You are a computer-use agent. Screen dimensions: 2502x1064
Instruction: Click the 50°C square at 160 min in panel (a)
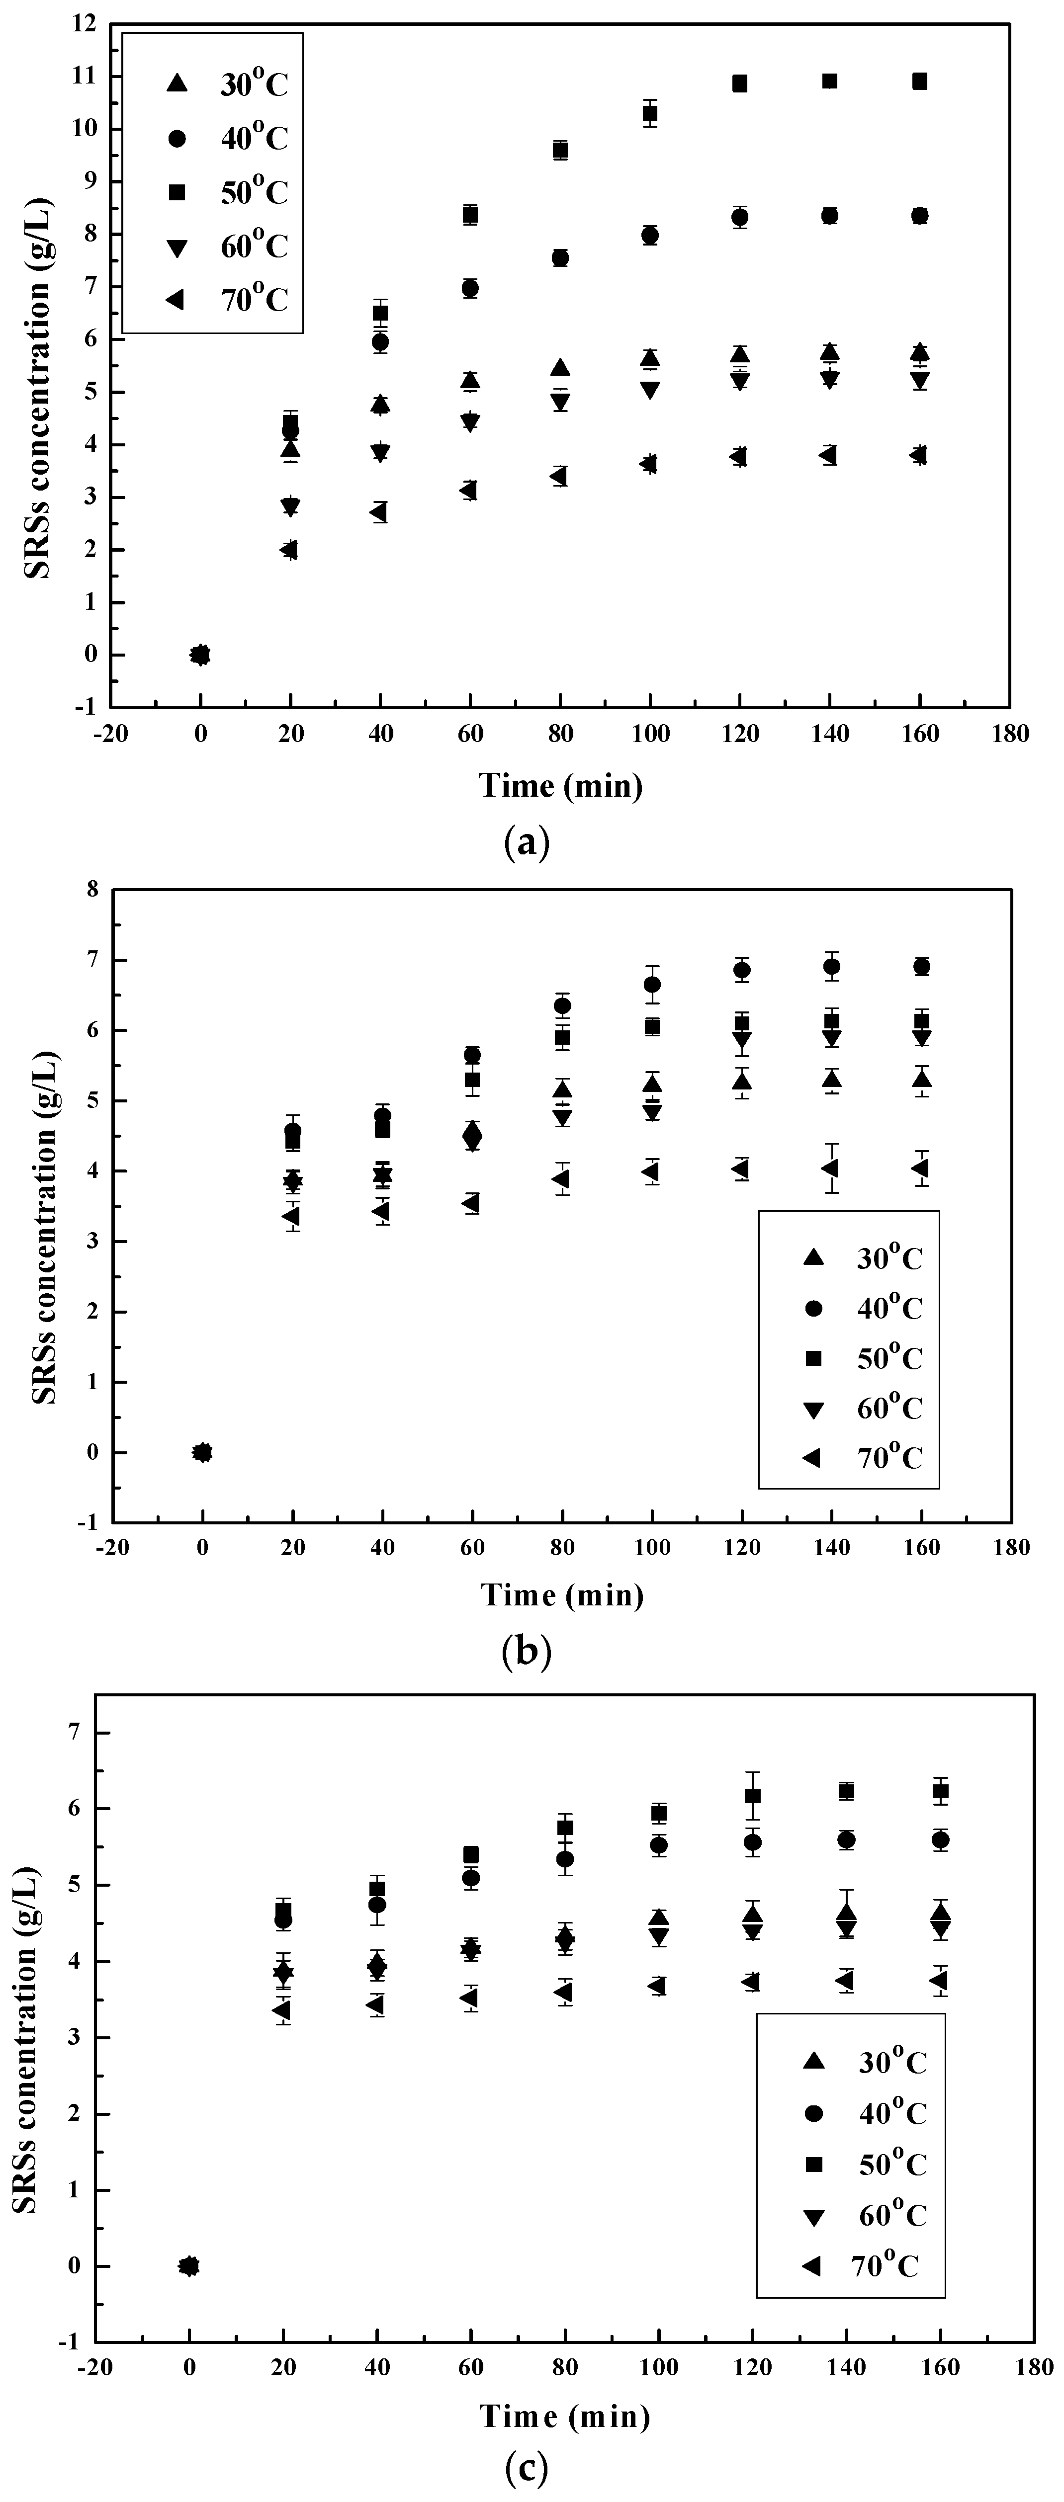919,82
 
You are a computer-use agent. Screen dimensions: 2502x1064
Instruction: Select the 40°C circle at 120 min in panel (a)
739,218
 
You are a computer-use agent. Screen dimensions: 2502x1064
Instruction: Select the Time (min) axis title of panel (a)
561,785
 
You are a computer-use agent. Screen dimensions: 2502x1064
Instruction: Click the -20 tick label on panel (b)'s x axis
112,1547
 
